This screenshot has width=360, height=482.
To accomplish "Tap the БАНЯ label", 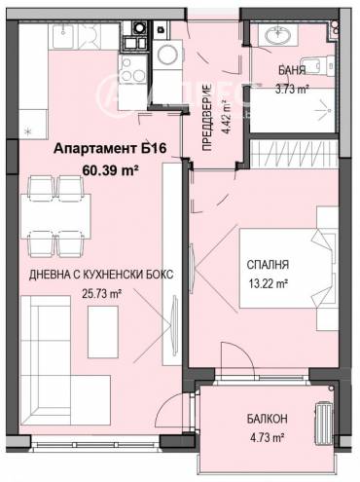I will (x=291, y=71).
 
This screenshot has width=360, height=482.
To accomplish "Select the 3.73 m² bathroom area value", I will (x=293, y=88).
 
